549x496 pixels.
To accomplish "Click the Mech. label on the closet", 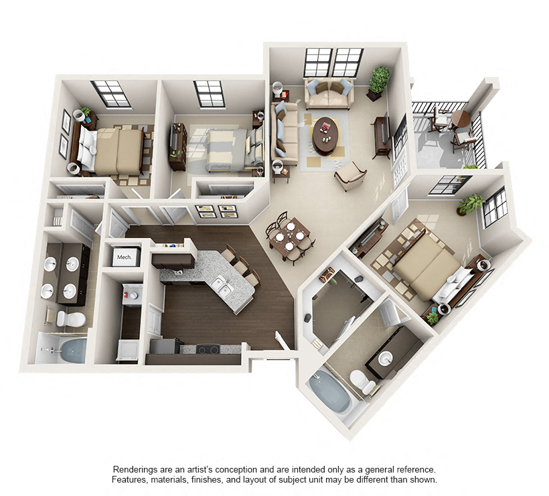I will point(124,257).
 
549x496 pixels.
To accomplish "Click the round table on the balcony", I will point(461,119).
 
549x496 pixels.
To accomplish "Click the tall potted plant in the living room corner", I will point(379,80).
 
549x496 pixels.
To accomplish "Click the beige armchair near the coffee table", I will point(350,176).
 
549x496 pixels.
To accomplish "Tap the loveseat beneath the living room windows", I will point(328,94).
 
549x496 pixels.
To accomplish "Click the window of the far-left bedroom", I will point(111,94).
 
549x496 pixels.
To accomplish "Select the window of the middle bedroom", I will point(210,94).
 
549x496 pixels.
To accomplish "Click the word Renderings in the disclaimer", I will point(137,469).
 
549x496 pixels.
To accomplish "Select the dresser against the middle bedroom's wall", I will point(178,145).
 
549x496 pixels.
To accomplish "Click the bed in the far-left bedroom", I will point(114,151).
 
